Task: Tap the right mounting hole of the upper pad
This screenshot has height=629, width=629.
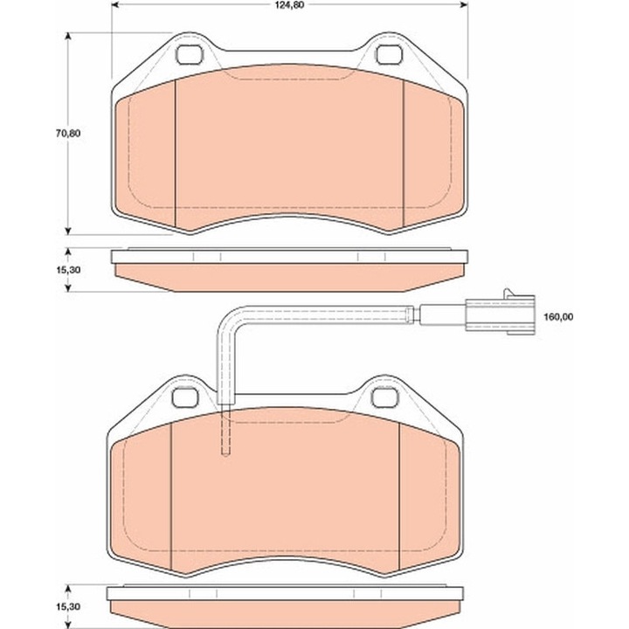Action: tap(386, 55)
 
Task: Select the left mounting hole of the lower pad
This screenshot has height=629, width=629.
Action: tap(184, 397)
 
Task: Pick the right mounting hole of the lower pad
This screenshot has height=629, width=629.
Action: tap(384, 397)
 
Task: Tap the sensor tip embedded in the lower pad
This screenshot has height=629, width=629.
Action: tap(225, 437)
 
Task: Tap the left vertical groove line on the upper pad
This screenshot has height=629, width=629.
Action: tap(176, 153)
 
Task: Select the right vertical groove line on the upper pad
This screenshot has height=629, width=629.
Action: tap(403, 153)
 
